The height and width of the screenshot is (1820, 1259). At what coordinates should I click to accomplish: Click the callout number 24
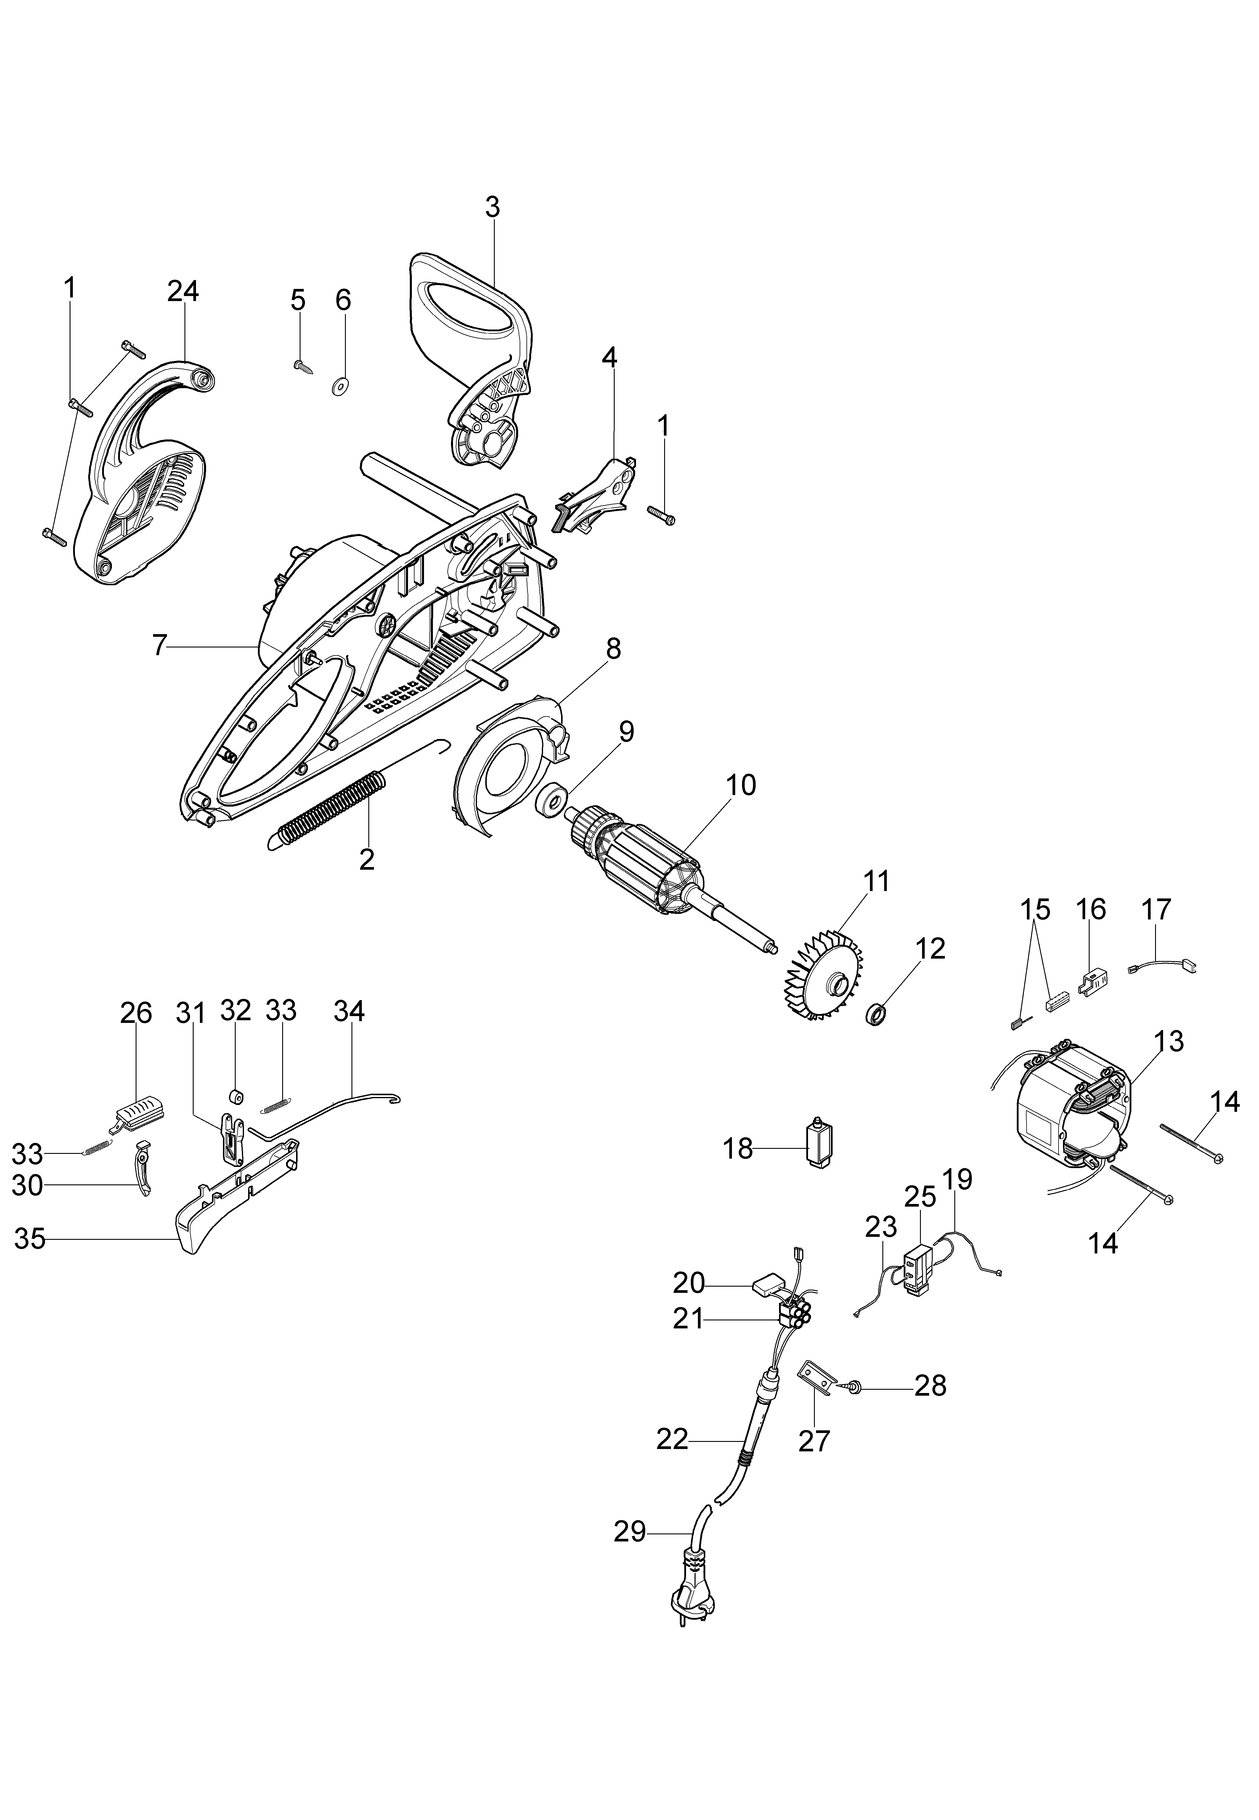[183, 291]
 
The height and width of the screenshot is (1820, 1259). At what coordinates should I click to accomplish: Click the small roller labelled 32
[234, 1098]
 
